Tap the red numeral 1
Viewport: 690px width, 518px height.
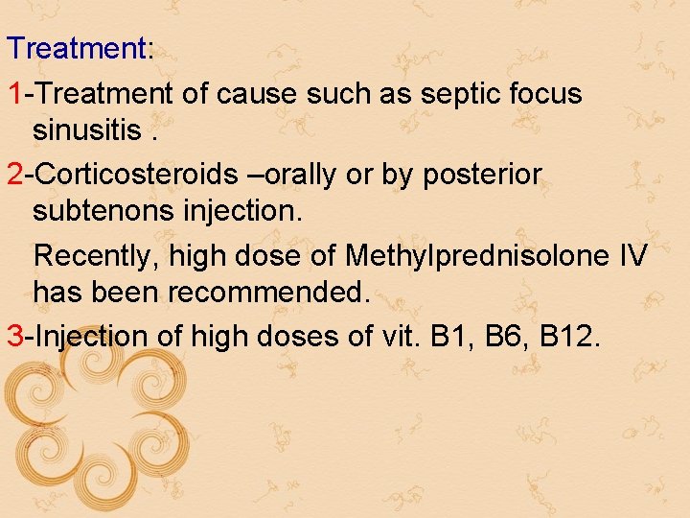[x=15, y=94]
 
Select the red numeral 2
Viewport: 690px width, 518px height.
[x=15, y=176]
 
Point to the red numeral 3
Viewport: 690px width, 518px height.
[x=15, y=337]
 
